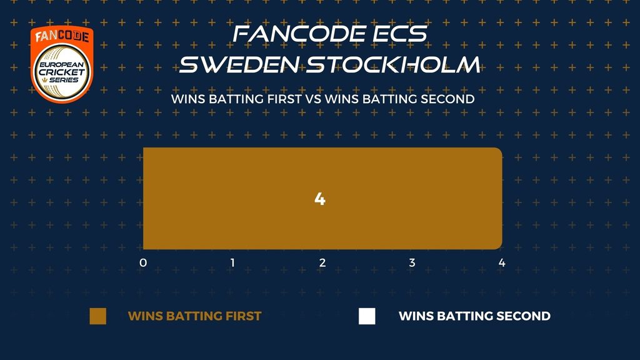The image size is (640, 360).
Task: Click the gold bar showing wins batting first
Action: tap(322, 198)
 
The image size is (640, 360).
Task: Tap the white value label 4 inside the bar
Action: tap(319, 199)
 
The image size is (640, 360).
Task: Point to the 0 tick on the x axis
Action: tap(143, 263)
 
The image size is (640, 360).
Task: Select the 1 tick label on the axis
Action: tap(232, 263)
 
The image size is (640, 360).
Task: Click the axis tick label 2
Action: tap(322, 263)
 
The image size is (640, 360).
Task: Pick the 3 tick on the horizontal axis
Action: tap(412, 263)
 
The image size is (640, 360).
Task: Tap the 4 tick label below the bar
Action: tap(502, 263)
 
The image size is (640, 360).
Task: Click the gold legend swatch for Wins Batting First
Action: tap(98, 316)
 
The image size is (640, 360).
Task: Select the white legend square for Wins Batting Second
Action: tap(367, 316)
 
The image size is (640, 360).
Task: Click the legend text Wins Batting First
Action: tap(195, 316)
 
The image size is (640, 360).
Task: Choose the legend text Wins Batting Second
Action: tap(475, 316)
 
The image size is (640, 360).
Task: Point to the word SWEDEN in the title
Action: tap(239, 65)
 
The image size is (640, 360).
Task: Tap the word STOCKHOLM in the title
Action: tap(393, 65)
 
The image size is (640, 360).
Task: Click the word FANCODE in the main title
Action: tap(299, 34)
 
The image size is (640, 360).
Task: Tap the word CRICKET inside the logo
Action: tap(62, 72)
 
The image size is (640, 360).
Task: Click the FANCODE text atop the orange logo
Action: tap(62, 36)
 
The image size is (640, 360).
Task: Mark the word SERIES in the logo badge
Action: tap(64, 80)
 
